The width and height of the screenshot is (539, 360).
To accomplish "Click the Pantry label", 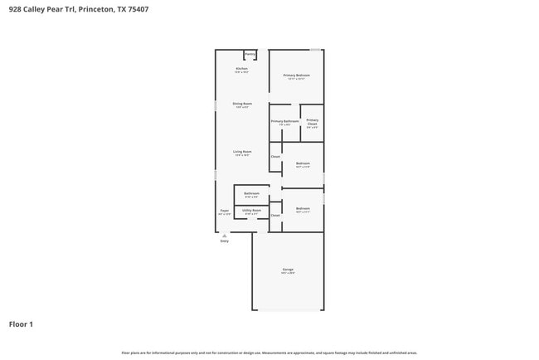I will [x=250, y=54].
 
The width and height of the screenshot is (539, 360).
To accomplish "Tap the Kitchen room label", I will [x=241, y=69].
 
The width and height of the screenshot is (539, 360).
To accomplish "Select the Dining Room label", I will [x=242, y=104].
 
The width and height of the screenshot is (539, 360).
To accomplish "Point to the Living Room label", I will [x=242, y=152].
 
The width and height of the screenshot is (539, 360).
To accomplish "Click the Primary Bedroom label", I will [x=296, y=75].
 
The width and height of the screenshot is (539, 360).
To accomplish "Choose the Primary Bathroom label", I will [x=284, y=121].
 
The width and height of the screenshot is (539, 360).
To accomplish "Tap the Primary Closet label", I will [x=312, y=122].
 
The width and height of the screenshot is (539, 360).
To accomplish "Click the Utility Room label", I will [x=251, y=210].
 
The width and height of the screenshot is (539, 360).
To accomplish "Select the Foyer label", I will [x=224, y=211].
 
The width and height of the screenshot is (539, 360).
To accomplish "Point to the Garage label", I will [x=288, y=270].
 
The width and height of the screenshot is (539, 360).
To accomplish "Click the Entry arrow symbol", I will [x=224, y=236].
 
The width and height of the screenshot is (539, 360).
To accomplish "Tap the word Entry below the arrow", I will [x=224, y=241].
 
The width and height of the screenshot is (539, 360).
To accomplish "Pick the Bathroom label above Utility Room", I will [x=251, y=193].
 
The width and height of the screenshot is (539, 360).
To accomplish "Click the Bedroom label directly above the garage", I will [x=303, y=208].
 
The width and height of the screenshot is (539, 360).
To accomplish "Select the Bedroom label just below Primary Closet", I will [x=303, y=163].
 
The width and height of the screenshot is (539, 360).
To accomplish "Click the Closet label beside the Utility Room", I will [x=275, y=215].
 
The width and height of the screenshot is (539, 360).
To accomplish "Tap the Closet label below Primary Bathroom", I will [x=275, y=156].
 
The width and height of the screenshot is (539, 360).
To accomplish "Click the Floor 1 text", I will [x=21, y=324].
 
